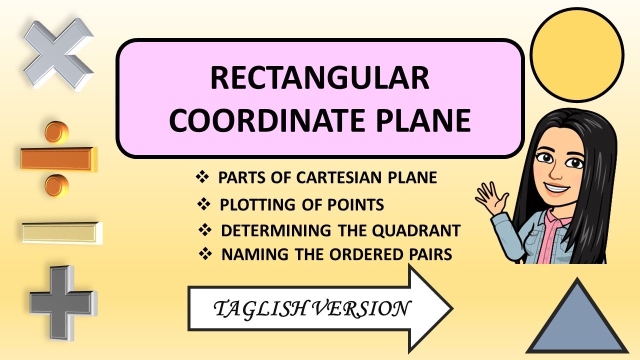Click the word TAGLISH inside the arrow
255,309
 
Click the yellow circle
576,53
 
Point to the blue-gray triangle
577,320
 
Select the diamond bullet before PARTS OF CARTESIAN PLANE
202,177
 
